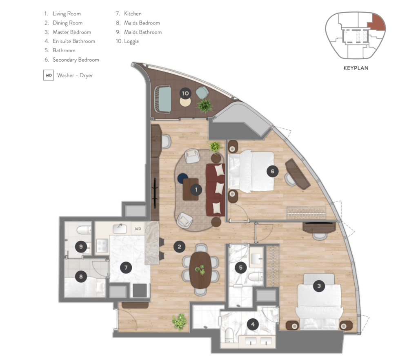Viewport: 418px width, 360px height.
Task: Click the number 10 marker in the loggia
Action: (x=185, y=94)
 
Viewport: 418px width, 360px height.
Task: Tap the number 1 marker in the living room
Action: (x=196, y=190)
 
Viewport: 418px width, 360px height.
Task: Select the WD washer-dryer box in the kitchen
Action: (x=138, y=229)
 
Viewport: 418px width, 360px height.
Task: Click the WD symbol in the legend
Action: (x=49, y=75)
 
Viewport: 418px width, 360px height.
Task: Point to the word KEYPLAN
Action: (x=356, y=68)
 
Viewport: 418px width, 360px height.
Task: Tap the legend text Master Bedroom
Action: (x=72, y=32)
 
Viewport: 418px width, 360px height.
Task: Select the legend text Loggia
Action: (x=131, y=41)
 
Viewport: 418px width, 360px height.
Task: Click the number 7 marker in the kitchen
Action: (x=126, y=267)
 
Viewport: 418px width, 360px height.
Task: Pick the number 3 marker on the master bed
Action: (x=319, y=286)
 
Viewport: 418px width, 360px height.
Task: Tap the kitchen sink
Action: (x=120, y=229)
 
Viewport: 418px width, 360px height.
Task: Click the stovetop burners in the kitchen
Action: (x=102, y=246)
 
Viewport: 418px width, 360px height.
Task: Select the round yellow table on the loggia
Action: (x=185, y=102)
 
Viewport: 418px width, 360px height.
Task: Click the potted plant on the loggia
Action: (x=205, y=106)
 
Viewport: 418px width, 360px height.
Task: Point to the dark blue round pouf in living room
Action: (x=183, y=178)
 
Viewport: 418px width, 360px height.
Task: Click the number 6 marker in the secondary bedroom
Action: (x=272, y=171)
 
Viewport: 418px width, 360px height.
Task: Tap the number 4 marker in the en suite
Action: (x=253, y=324)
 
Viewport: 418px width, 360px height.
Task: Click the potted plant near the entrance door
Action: (x=180, y=322)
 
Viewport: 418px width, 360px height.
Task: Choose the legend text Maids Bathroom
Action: (x=143, y=32)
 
